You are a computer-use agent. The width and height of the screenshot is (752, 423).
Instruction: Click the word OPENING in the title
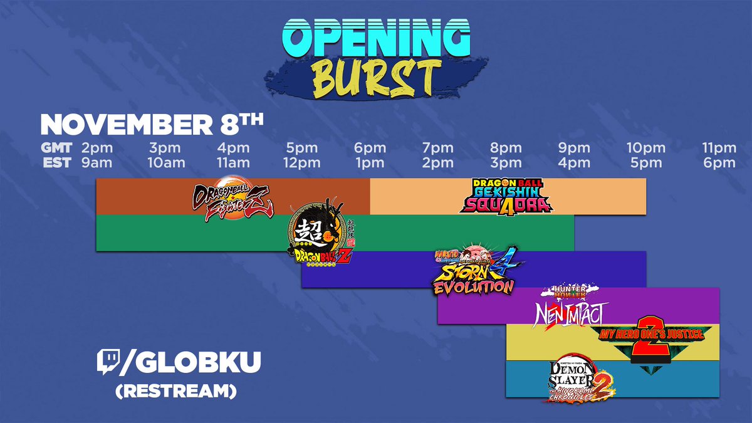(375, 39)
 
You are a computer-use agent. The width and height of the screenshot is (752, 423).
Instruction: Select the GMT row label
(56, 149)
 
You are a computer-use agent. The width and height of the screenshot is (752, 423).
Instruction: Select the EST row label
(57, 163)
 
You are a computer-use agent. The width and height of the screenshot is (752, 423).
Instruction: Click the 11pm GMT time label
(718, 149)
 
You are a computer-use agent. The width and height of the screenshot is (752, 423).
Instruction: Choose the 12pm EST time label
(301, 163)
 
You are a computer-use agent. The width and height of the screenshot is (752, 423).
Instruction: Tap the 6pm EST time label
(718, 163)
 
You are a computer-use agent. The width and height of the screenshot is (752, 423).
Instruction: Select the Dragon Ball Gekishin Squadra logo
(504, 196)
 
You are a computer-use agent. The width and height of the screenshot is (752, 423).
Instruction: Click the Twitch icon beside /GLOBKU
(107, 363)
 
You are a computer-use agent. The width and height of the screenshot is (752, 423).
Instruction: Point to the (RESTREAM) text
(175, 390)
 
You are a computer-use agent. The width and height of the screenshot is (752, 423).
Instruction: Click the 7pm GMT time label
(438, 149)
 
